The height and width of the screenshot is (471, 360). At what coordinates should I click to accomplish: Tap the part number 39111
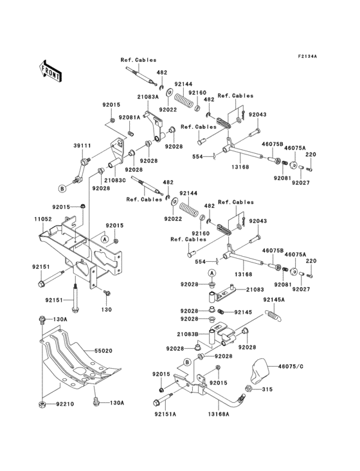[82, 146]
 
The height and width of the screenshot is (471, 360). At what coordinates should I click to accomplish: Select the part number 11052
[43, 219]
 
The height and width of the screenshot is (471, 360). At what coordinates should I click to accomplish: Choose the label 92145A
[274, 299]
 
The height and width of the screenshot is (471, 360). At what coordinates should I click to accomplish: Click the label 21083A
[148, 97]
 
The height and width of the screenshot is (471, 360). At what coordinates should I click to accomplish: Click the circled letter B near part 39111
[63, 189]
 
